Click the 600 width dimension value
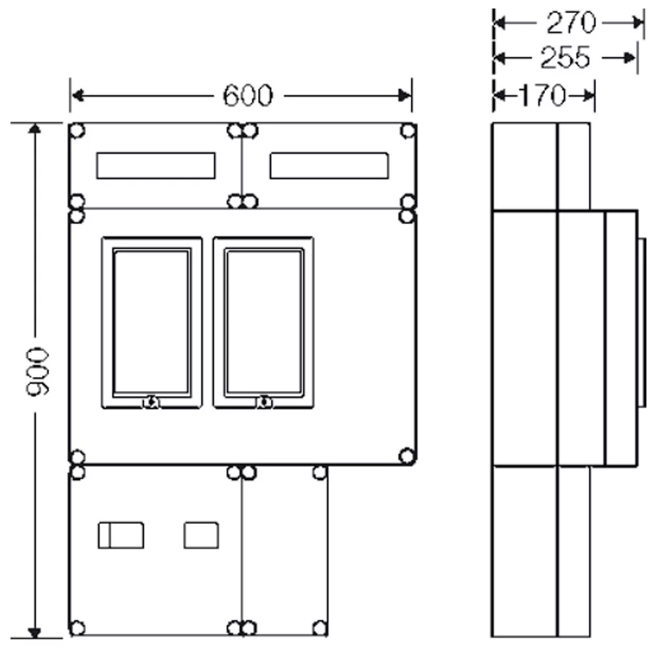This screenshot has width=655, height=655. pos(246,96)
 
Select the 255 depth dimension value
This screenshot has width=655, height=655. pos(564,59)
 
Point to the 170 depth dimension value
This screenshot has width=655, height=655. pos(542,96)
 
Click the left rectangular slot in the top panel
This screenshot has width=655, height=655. pos(155,165)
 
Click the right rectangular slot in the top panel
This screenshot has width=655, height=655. pos(329,165)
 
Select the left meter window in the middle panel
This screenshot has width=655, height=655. pos(151,322)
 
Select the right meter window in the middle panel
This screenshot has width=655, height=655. pos(263,322)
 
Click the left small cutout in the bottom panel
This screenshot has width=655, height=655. pos(121,534)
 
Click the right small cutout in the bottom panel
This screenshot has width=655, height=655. pos(201,534)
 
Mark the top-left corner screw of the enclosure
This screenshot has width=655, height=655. pos(77,130)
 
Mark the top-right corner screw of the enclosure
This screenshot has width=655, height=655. pos(408,130)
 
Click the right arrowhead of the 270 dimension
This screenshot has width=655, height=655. pos(639,24)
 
